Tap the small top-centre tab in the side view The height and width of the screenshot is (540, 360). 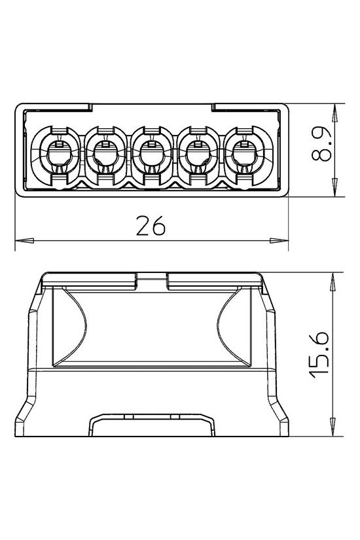click(151, 280)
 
